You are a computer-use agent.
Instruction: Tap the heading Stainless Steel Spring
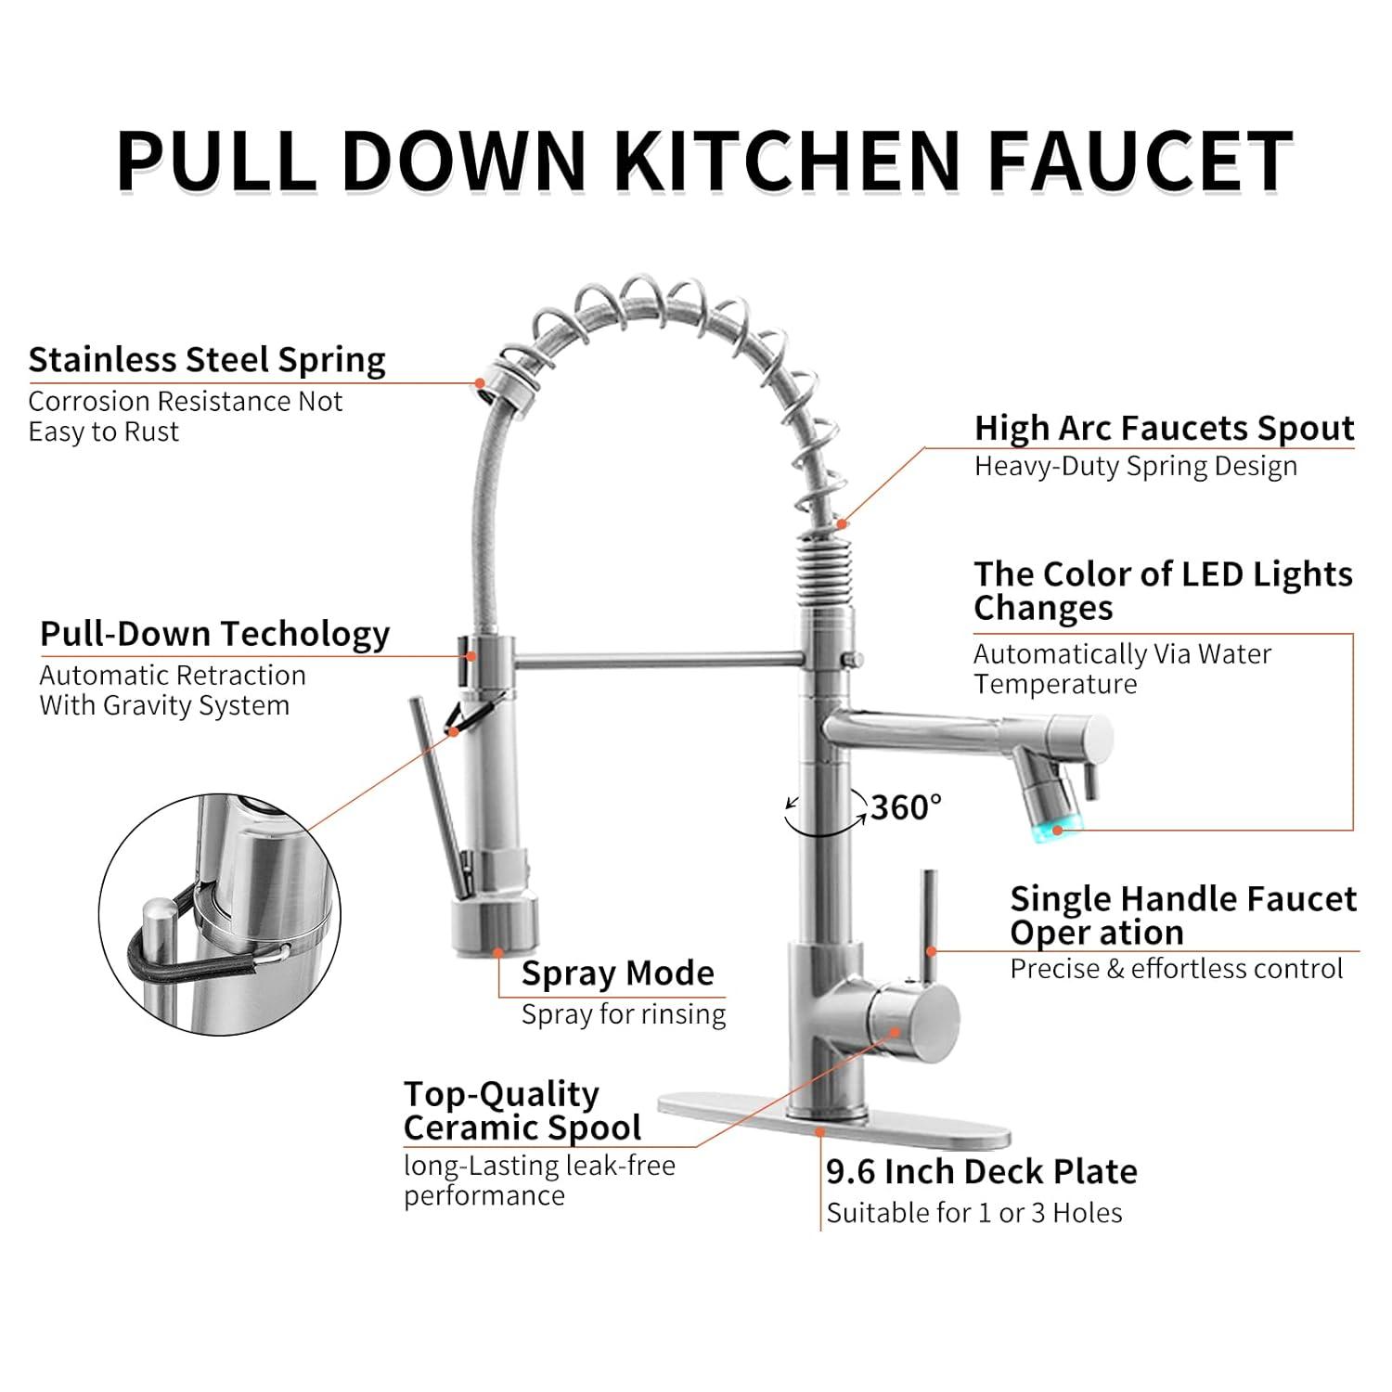(207, 360)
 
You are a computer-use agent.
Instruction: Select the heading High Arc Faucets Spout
(1164, 428)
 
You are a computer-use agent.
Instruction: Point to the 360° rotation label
(906, 807)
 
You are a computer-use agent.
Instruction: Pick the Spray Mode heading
(618, 973)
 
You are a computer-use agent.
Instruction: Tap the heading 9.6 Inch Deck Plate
(982, 1172)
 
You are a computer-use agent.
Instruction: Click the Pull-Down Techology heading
(214, 635)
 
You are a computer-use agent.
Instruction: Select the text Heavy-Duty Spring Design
(1136, 467)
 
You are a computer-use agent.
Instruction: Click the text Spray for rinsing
(624, 1014)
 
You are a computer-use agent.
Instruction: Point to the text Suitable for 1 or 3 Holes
(974, 1213)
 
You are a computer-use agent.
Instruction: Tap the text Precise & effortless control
(1177, 969)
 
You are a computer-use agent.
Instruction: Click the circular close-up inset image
(220, 914)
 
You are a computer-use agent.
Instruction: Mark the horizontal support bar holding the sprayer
(659, 660)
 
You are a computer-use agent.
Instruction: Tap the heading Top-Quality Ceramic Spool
(522, 1111)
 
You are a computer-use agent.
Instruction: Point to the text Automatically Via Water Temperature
(1122, 669)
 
